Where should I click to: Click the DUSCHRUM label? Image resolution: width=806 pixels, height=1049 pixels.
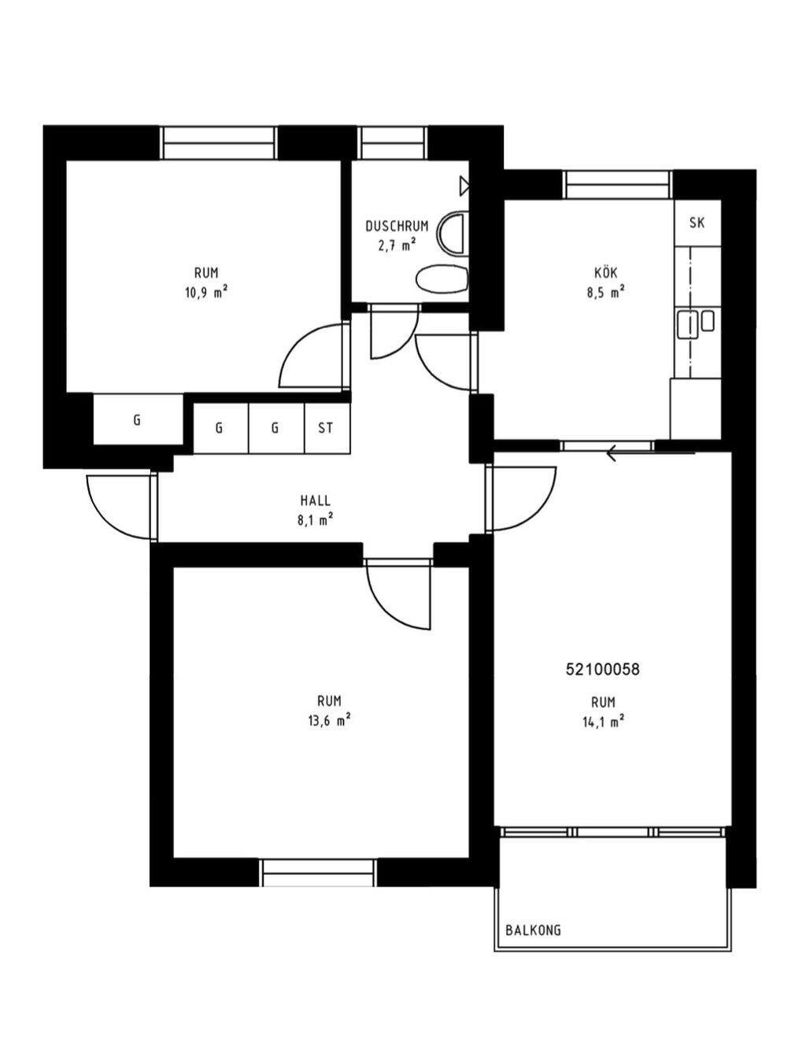[397, 226]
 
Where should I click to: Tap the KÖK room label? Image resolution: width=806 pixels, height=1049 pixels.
[606, 272]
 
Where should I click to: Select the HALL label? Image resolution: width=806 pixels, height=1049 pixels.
[316, 500]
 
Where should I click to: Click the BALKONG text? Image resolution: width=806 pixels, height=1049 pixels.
[533, 930]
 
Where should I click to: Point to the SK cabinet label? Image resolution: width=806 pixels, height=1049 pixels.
[697, 223]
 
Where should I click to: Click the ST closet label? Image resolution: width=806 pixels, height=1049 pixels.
[325, 428]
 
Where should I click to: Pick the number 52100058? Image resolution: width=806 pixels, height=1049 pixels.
[602, 670]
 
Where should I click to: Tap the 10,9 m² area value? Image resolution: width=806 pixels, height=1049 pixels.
[206, 293]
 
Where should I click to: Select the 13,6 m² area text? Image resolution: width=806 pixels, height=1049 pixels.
[329, 721]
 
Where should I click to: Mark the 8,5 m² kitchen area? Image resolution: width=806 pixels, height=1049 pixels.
[606, 293]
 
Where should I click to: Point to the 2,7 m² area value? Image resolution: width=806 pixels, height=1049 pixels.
[397, 246]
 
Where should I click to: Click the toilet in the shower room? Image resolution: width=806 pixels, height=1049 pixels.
[442, 279]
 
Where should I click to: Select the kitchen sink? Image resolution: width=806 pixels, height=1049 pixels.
[688, 324]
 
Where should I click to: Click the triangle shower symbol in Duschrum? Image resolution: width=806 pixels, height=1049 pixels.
[464, 186]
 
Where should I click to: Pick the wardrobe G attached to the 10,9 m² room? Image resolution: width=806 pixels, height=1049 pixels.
[138, 420]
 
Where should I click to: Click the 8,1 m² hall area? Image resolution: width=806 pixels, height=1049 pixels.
[316, 520]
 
